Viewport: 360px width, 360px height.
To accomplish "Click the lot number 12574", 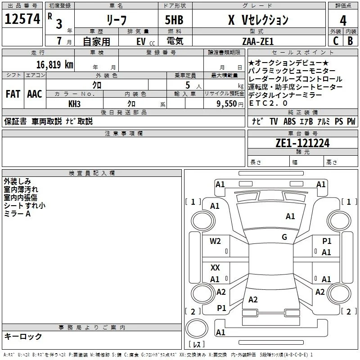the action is [x=22, y=19].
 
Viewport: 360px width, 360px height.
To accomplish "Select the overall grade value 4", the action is [x=343, y=21].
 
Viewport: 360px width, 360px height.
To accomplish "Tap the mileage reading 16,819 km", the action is [x=54, y=65].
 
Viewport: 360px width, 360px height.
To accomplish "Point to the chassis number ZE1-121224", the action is [x=302, y=143].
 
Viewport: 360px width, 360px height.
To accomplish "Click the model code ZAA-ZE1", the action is [x=258, y=41].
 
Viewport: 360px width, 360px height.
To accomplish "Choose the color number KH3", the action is [x=74, y=104].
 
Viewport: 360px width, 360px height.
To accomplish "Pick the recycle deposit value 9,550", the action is [x=227, y=104].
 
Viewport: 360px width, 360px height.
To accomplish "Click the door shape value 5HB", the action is [x=174, y=20].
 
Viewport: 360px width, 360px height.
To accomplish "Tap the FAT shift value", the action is [x=13, y=94].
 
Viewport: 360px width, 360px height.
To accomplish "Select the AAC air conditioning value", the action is [x=35, y=94].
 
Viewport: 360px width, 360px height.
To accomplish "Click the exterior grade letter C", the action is [x=336, y=41].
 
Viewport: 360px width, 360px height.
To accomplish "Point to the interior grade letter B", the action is [x=350, y=41].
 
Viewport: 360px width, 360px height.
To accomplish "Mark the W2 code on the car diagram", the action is [x=215, y=241].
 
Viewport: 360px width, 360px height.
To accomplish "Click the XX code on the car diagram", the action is [x=215, y=267].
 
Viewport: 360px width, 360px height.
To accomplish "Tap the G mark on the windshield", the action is [x=284, y=237].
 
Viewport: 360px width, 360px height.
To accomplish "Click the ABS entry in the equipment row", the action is [x=289, y=121].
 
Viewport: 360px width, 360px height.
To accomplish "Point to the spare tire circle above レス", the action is [x=197, y=328].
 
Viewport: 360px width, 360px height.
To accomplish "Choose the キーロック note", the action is [x=23, y=336].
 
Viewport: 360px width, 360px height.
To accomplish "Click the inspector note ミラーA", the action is [x=17, y=214].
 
